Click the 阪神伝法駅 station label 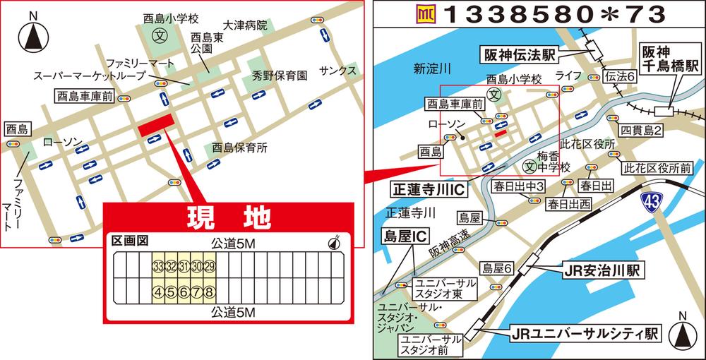pyautogui.click(x=517, y=54)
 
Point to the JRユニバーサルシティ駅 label pyautogui.click(x=583, y=331)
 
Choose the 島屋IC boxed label pyautogui.click(x=405, y=233)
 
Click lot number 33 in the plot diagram pyautogui.click(x=158, y=266)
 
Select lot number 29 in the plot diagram pyautogui.click(x=209, y=266)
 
